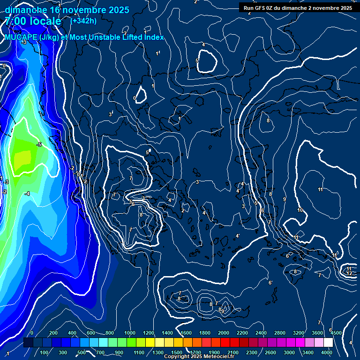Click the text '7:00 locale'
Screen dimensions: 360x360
click(33, 21)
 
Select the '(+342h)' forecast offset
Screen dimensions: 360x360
click(83, 21)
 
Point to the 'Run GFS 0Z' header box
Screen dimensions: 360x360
click(298, 7)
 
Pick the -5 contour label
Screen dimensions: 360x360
click(39, 144)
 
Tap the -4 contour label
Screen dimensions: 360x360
click(27, 194)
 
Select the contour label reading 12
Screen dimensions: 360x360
click(349, 273)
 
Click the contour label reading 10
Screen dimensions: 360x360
click(300, 210)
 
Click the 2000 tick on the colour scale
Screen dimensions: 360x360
click(224, 333)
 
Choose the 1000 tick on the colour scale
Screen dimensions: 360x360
click(130, 333)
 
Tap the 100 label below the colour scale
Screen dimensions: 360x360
click(45, 352)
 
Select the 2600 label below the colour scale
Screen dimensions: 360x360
click(270, 352)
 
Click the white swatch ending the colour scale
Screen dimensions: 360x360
click(328, 343)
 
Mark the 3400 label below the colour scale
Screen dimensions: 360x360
click(308, 352)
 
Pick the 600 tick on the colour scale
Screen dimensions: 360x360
click(90, 333)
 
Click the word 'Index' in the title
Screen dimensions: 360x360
click(154, 37)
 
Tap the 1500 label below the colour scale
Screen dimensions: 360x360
click(177, 352)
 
